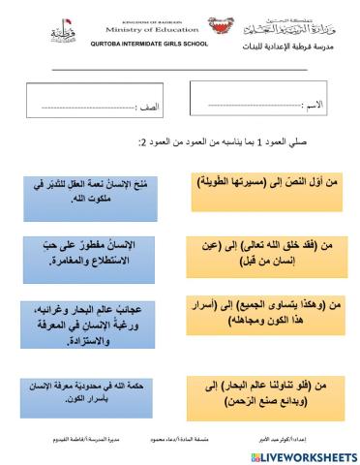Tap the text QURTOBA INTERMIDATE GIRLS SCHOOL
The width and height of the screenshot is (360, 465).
coord(144,46)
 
